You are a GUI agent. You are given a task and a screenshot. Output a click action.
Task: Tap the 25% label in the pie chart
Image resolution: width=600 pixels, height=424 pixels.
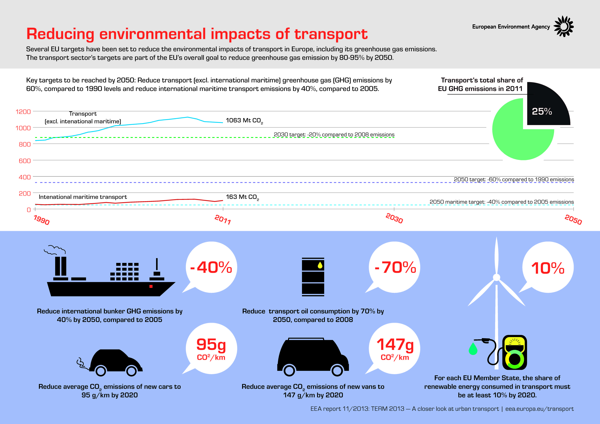coord(542,112)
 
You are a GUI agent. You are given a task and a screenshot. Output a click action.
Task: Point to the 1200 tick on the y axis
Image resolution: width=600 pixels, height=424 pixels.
coord(23,112)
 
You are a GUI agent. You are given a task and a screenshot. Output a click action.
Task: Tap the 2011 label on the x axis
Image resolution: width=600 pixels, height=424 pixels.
coord(223,219)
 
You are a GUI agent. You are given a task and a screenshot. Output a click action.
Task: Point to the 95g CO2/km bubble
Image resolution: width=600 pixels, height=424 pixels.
coord(211,349)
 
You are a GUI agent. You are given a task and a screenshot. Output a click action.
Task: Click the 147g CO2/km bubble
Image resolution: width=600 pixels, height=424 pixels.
coord(395,349)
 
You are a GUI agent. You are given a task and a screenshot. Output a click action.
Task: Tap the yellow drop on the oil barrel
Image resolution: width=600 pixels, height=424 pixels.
coord(320,265)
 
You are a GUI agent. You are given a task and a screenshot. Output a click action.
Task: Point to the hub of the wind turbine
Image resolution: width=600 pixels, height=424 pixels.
coord(497,277)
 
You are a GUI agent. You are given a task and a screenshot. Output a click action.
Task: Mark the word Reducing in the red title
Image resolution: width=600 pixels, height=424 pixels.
coord(60,34)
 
